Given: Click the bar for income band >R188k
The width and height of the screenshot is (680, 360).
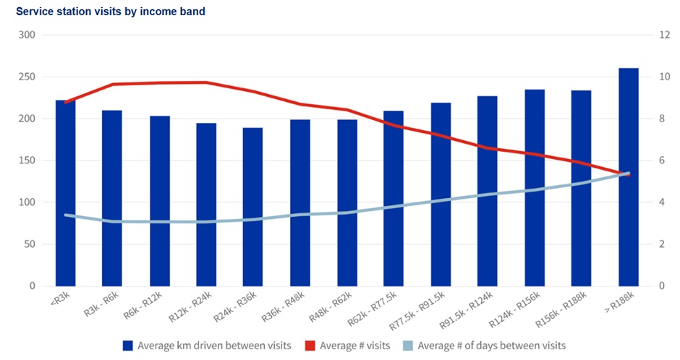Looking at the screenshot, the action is tap(629, 177).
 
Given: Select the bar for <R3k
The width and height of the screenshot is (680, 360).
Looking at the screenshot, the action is tap(66, 193).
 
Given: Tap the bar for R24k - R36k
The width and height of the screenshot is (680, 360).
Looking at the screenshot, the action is tap(253, 207).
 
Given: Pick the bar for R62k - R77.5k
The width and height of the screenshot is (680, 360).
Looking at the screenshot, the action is tap(394, 199).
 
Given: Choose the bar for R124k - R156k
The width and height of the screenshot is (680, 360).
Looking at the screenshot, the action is tap(535, 188).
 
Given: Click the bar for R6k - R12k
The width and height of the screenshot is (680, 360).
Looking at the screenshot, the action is tap(160, 201).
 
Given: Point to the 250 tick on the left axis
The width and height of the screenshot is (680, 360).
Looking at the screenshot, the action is tap(27, 77).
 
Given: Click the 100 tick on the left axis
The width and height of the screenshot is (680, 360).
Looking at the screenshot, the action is tap(27, 202).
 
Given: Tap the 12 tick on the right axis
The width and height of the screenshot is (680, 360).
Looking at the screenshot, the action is tap(664, 35).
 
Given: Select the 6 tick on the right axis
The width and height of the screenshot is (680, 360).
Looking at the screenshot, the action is tap(662, 160).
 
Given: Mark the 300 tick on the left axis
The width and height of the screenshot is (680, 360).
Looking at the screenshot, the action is tap(27, 35).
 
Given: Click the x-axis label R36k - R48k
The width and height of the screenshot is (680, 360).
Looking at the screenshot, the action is tap(283, 307).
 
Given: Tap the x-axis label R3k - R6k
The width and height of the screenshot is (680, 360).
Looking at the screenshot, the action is tap(101, 304).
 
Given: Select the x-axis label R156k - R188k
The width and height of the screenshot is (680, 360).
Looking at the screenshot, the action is tap(561, 309).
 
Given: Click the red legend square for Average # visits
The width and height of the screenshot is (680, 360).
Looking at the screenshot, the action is tap(310, 346).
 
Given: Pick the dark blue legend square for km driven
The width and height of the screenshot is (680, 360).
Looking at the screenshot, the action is tap(127, 346).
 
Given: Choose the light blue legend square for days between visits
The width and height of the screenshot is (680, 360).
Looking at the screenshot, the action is tap(408, 346).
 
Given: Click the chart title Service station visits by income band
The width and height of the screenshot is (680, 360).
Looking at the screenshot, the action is tap(111, 12).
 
